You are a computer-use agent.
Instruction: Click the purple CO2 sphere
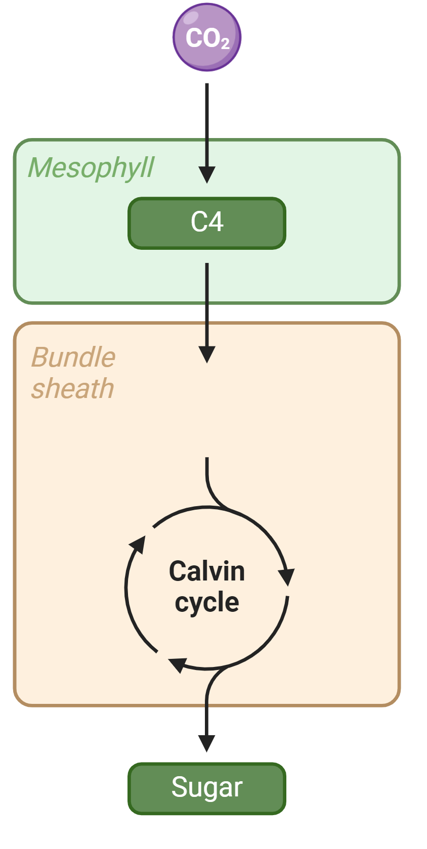tap(207, 37)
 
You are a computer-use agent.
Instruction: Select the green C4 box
tap(207, 223)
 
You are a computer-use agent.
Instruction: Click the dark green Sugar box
tap(207, 788)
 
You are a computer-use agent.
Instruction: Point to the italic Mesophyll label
tap(91, 168)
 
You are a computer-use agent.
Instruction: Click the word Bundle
tap(73, 357)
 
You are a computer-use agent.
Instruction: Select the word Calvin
tap(207, 571)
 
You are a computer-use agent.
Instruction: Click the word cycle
tap(207, 602)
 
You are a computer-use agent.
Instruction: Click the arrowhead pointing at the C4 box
tap(207, 174)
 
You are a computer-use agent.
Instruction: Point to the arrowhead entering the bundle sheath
tap(207, 354)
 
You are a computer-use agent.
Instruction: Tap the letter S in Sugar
tap(180, 787)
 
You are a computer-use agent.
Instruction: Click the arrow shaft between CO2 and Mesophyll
tap(207, 125)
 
